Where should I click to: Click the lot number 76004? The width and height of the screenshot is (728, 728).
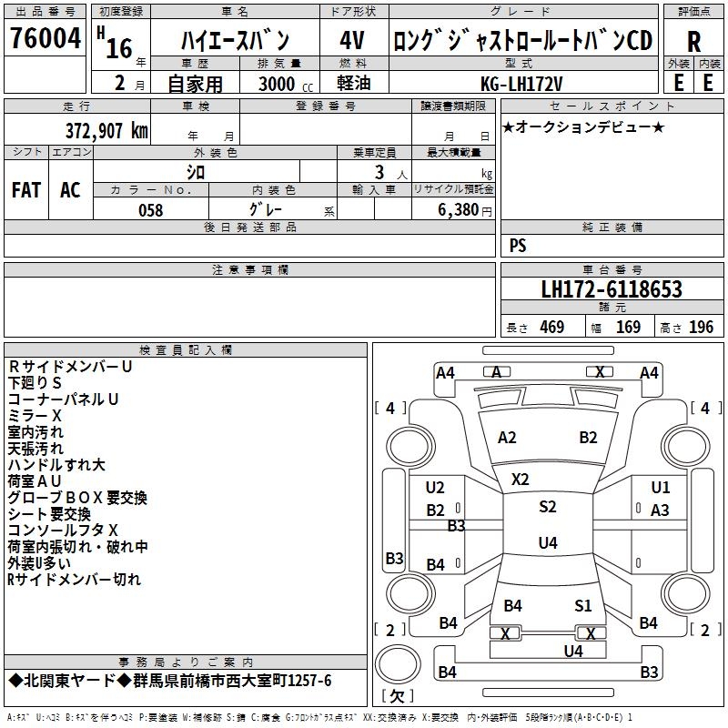coord(45,42)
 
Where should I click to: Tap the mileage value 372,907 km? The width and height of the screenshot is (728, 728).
coord(106,130)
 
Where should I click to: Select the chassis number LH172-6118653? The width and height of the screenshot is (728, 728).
coord(612,290)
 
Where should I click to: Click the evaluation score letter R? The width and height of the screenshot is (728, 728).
coord(693,42)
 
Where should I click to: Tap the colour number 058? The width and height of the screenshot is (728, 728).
coord(150,210)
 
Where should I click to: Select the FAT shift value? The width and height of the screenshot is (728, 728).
coord(26,190)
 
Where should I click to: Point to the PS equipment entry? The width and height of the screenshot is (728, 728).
coord(518,246)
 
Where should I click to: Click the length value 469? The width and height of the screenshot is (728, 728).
coord(551,328)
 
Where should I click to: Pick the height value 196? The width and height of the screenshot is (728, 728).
coord(701,328)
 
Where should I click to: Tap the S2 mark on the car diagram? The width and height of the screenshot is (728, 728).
coord(547,507)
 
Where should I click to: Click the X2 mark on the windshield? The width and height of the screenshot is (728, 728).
coord(521,479)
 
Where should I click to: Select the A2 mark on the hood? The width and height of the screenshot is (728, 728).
coord(507,438)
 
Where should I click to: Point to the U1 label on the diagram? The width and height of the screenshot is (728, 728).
coord(661,488)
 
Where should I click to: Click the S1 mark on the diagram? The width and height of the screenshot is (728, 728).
coord(583,605)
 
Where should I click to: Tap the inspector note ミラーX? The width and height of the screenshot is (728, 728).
coord(35,415)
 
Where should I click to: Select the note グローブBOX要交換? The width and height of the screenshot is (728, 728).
coord(77,498)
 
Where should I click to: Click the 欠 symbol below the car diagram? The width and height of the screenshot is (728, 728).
coord(396,697)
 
